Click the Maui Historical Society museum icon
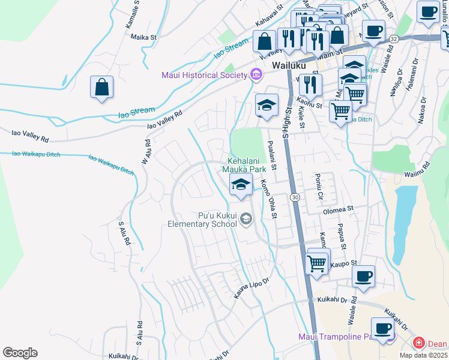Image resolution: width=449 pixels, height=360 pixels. point(256,75)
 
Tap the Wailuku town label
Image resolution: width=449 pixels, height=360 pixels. point(289,65)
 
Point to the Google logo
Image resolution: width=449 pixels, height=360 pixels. point(20,353)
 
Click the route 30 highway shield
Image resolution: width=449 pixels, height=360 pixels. point(295,197)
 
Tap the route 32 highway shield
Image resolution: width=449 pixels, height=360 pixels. point(393,38)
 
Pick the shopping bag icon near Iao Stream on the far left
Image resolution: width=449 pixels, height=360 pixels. point(102,86)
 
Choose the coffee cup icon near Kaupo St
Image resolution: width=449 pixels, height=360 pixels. point(364,276)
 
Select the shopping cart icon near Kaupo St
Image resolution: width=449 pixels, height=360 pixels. point(317,262)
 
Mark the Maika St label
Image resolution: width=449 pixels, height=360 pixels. point(143,37)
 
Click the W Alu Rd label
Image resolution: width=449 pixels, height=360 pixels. point(146,153)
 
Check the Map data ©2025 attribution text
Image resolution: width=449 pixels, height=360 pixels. point(424,355)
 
